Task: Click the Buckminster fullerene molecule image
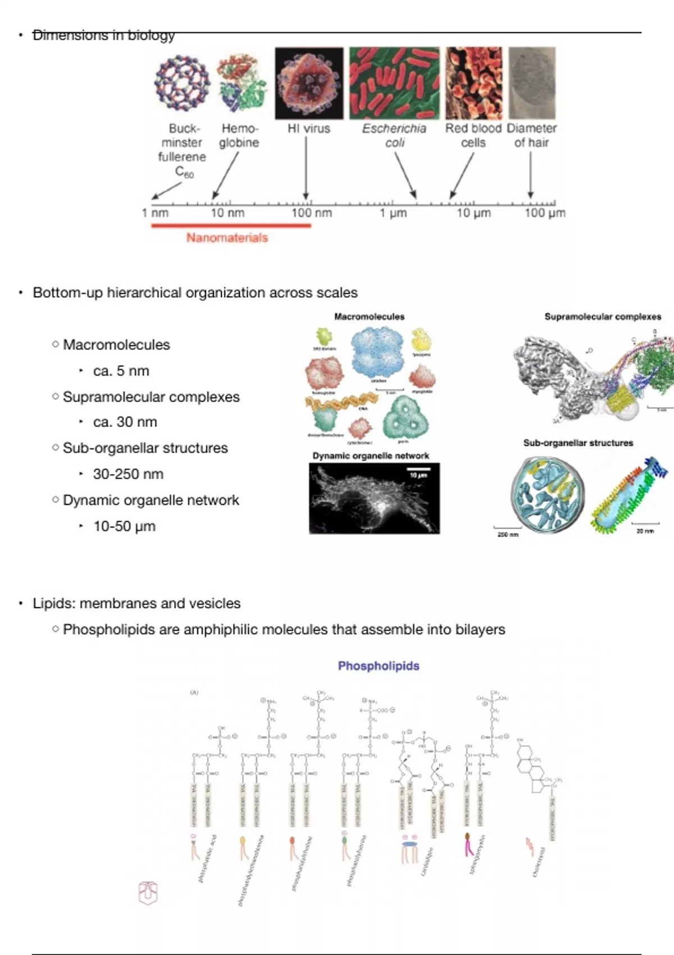click(182, 82)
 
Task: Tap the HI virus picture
click(308, 83)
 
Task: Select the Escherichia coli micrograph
click(394, 83)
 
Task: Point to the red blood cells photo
click(474, 83)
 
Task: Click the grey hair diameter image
click(532, 83)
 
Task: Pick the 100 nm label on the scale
click(311, 213)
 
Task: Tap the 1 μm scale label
click(393, 213)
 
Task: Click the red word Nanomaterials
click(227, 238)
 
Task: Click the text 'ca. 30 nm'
click(125, 422)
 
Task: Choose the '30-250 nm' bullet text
click(128, 474)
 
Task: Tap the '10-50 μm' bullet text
click(124, 526)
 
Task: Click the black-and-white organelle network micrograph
click(374, 498)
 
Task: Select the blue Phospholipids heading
click(379, 666)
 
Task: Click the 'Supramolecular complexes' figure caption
click(603, 317)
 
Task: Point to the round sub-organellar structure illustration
click(548, 494)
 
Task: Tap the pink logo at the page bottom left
click(148, 893)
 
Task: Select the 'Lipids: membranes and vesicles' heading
click(136, 603)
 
